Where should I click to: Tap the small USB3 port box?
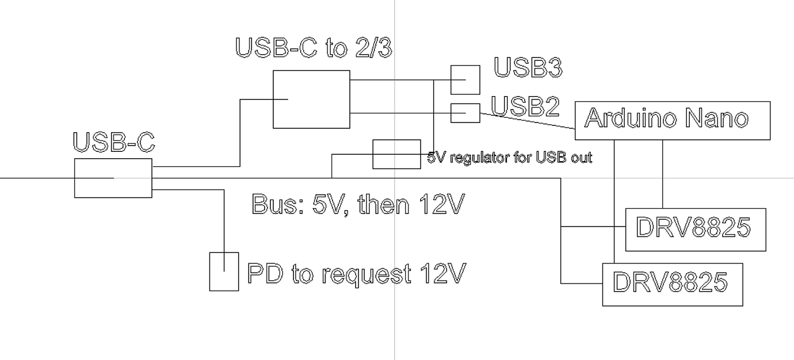click(465, 79)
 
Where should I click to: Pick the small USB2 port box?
click(465, 113)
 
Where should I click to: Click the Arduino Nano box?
click(672, 120)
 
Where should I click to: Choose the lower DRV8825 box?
click(672, 284)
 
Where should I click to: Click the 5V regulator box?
click(396, 154)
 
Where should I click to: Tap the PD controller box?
click(224, 271)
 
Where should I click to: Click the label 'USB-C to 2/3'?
click(314, 48)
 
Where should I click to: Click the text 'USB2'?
click(525, 106)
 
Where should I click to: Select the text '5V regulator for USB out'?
click(510, 158)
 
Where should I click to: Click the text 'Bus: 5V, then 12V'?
click(357, 205)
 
